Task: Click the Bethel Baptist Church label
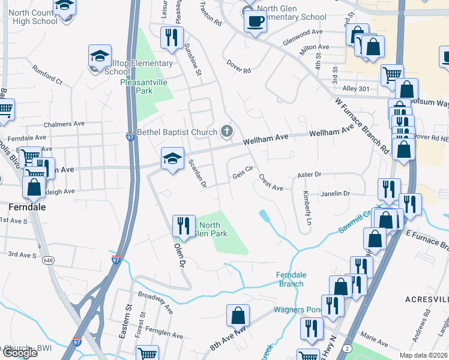pyautogui.click(x=178, y=131)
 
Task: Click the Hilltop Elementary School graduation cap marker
pyautogui.click(x=100, y=57)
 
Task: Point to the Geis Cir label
pyautogui.click(x=244, y=173)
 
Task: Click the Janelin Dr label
pyautogui.click(x=336, y=193)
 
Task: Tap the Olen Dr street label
pyautogui.click(x=178, y=254)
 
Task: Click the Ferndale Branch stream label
pyautogui.click(x=291, y=279)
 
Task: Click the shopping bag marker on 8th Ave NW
pyautogui.click(x=238, y=315)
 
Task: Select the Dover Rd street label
pyautogui.click(x=238, y=66)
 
